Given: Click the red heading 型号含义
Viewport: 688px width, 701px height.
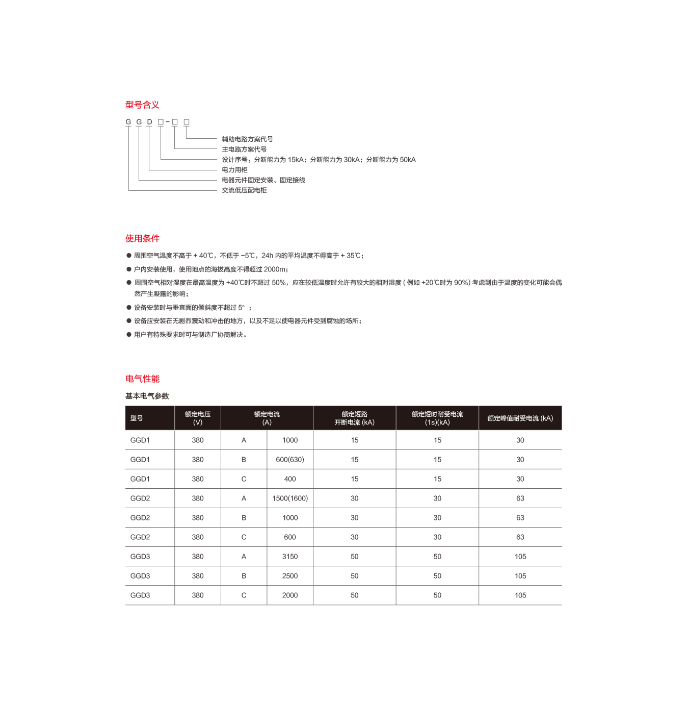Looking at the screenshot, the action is [143, 105].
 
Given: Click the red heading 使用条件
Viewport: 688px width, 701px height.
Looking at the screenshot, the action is [143, 238].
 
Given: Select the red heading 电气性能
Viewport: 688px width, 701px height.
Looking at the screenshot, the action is [143, 379].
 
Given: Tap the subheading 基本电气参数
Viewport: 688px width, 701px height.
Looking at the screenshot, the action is [147, 396].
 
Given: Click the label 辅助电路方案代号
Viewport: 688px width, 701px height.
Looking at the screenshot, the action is [248, 139].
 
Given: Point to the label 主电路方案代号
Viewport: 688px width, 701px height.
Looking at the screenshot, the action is [244, 149].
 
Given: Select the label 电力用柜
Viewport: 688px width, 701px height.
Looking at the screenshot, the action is [235, 169].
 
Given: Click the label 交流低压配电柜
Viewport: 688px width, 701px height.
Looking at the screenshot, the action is [244, 190].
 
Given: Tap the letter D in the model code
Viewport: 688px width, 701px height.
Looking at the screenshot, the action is [149, 122].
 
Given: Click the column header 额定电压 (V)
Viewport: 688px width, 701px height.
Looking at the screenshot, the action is [198, 418].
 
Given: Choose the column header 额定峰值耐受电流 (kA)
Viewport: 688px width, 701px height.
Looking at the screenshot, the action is [520, 418].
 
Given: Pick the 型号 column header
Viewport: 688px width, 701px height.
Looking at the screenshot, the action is [137, 418].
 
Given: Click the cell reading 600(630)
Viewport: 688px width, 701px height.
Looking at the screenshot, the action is [290, 460].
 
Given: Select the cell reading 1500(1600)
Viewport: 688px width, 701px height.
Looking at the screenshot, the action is [290, 498].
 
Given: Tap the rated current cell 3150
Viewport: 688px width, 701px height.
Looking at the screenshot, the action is [290, 556].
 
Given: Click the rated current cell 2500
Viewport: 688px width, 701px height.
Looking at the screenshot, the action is [290, 575].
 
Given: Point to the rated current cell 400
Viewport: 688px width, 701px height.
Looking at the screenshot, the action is [290, 479].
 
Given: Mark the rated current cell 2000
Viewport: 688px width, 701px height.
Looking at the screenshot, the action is [290, 595].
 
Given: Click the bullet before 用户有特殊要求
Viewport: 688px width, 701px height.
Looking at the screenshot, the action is [128, 334].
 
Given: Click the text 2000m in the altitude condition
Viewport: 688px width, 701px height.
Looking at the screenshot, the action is [275, 269].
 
